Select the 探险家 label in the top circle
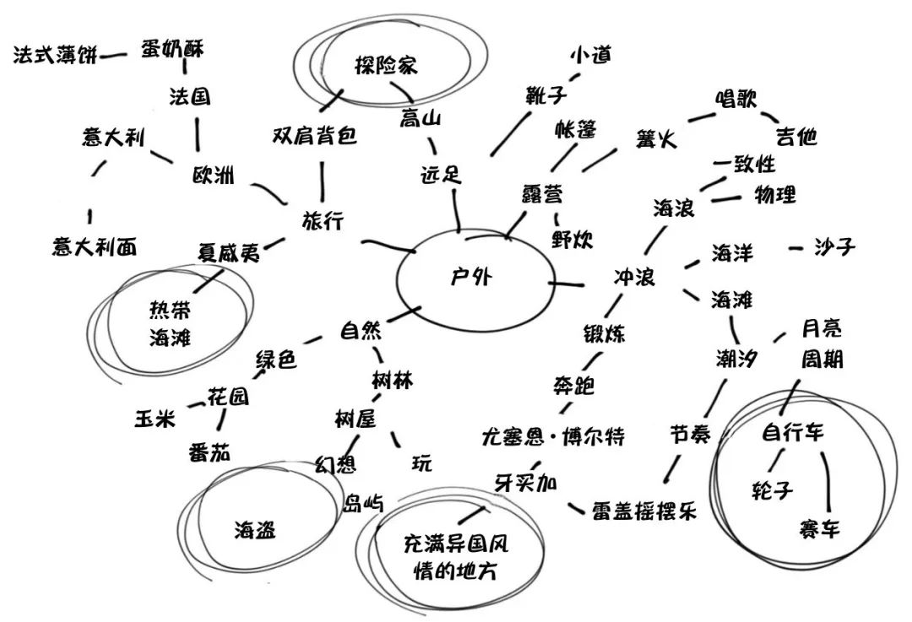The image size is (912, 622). tap(386, 65)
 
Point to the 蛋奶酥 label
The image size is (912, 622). tap(172, 49)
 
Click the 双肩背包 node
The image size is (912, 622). tap(315, 136)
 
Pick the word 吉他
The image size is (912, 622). tap(796, 136)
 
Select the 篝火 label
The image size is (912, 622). tap(657, 139)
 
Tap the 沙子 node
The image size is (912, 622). tap(834, 248)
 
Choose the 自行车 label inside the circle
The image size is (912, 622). tap(792, 434)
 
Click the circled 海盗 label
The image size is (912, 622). tap(255, 530)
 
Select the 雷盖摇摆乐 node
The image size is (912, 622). tap(643, 511)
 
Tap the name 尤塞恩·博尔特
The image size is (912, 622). tap(554, 437)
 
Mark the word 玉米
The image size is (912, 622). tap(156, 417)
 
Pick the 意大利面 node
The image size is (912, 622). tap(93, 246)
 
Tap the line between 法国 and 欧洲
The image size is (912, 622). tap(198, 133)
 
